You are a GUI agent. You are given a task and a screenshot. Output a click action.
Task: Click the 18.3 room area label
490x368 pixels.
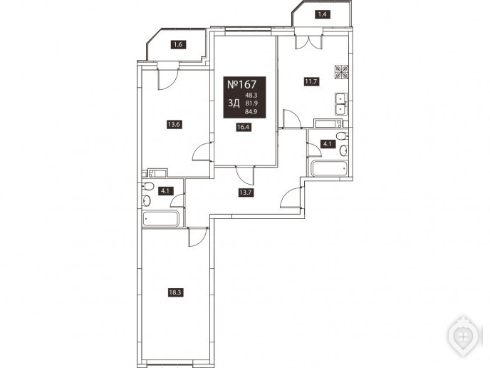(x=175, y=292)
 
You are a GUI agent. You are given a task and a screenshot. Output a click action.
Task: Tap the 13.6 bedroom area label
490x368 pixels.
(x=174, y=125)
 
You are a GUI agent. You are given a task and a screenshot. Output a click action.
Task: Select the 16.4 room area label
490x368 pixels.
(x=244, y=127)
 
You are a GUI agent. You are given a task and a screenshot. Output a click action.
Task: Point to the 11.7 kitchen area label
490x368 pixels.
(x=311, y=82)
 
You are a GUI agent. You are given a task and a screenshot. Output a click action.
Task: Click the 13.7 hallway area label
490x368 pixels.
(x=246, y=193)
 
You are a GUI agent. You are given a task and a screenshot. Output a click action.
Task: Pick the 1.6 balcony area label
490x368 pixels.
(x=178, y=45)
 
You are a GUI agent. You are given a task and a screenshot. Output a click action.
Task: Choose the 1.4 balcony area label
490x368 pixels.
(x=322, y=14)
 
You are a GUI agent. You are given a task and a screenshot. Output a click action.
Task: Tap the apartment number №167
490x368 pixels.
(x=241, y=84)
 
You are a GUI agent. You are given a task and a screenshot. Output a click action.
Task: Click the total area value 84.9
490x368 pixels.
(x=251, y=112)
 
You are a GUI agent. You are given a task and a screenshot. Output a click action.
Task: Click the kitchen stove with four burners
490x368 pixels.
(x=342, y=72)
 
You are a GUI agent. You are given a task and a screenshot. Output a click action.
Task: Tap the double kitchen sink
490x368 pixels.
(x=340, y=104)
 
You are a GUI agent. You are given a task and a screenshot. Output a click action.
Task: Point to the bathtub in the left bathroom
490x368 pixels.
(x=161, y=218)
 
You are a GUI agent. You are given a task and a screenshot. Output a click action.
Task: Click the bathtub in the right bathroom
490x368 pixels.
(x=330, y=168)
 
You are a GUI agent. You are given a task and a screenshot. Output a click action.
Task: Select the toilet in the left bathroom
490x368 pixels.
(x=148, y=187)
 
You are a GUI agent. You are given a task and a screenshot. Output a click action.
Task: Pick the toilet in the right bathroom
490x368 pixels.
(x=342, y=136)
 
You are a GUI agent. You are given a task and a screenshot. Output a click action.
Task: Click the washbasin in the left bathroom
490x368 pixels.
(x=147, y=200)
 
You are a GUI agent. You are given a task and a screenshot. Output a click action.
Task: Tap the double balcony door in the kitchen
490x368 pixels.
(x=308, y=39)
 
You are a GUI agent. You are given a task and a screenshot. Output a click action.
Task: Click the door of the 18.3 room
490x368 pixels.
(x=198, y=237)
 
